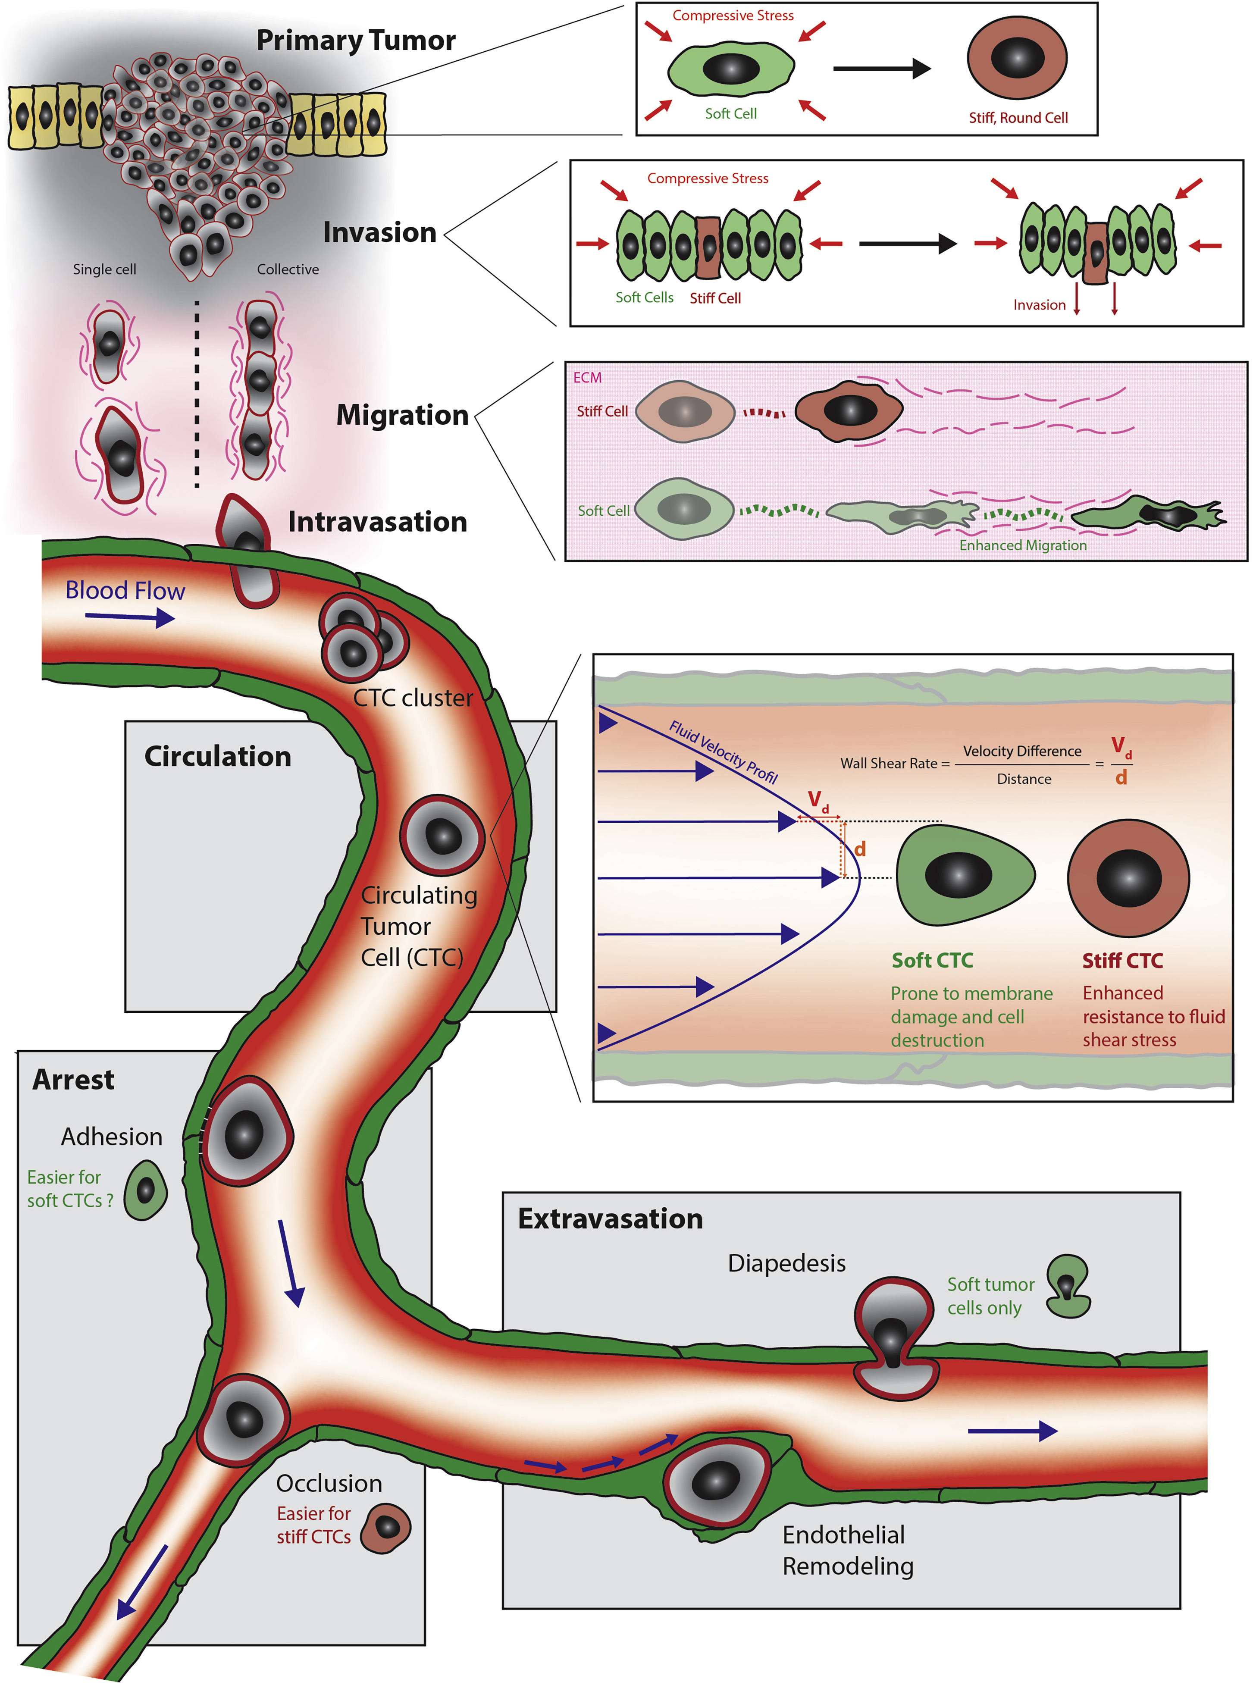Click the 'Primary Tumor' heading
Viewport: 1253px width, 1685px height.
click(356, 40)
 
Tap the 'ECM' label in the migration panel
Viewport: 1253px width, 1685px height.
click(587, 378)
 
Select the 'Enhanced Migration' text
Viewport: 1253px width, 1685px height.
click(1022, 545)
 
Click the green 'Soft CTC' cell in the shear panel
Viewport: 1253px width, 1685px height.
click(963, 875)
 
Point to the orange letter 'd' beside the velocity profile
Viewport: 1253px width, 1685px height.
click(859, 849)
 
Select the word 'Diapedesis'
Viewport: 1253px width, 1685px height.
click(786, 1263)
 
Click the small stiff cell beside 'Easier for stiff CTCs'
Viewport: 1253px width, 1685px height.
click(385, 1527)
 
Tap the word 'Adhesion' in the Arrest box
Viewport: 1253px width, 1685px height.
click(112, 1137)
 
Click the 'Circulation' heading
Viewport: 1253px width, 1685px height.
click(218, 757)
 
